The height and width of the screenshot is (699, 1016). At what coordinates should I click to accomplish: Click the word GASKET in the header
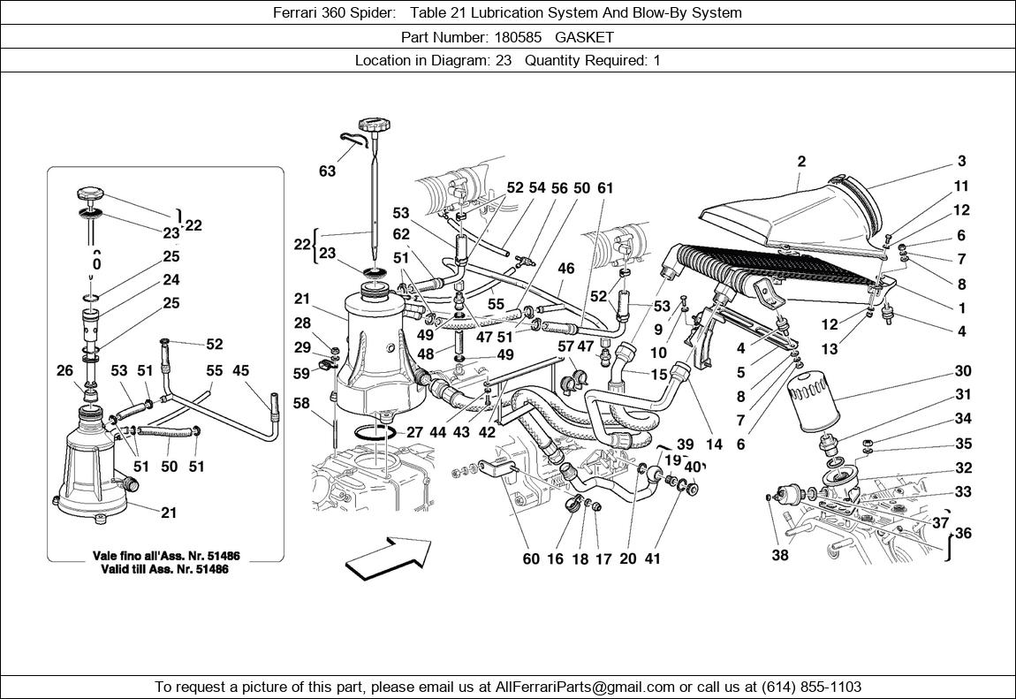[x=586, y=37]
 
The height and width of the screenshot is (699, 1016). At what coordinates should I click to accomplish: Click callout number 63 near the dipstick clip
[x=328, y=171]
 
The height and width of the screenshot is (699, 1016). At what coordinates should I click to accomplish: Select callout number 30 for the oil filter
[x=962, y=371]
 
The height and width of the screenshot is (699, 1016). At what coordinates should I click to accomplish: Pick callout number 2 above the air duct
[x=801, y=162]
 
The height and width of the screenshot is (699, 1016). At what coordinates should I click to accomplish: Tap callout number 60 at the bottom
[x=530, y=558]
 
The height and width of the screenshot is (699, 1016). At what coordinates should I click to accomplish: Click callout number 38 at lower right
[x=779, y=556]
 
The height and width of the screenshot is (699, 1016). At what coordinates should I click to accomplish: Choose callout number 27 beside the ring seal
[x=414, y=433]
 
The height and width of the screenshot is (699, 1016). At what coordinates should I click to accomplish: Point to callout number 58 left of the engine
[x=301, y=403]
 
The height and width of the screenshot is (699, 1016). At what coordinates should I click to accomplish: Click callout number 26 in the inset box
[x=64, y=371]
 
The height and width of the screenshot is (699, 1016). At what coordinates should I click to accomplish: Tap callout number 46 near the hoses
[x=565, y=268]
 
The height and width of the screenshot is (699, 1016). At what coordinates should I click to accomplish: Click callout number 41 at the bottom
[x=652, y=558]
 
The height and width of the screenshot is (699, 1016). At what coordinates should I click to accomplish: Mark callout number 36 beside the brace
[x=962, y=534]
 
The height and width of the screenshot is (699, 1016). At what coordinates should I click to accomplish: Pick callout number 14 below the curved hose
[x=714, y=444]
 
